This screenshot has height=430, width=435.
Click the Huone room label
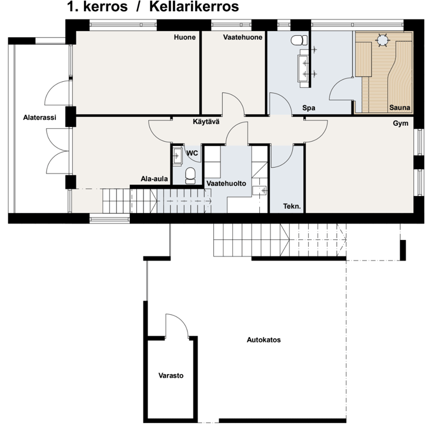pos(185,37)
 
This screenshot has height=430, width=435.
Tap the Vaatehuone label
pos(243,37)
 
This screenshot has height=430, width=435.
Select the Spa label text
pos(309,108)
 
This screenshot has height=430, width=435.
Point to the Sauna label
pos(400,108)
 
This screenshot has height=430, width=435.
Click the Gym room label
pos(400,124)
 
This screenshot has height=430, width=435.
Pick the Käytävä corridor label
pos(206,122)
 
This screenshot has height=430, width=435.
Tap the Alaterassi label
pos(39,118)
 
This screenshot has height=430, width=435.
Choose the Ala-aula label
pos(154,179)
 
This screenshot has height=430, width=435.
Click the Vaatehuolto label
pos(226,184)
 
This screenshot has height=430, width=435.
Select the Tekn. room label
pos(292,206)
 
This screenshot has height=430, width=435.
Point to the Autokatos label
pos(264,340)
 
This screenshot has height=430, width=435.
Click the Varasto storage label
pos(171,376)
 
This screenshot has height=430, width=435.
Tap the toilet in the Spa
pos(299,40)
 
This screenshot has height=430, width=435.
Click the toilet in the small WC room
pos(190,175)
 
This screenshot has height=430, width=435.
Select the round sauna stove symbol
pos(383,40)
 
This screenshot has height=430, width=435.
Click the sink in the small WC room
pos(177,156)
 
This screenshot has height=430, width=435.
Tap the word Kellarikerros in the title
pos(194,6)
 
